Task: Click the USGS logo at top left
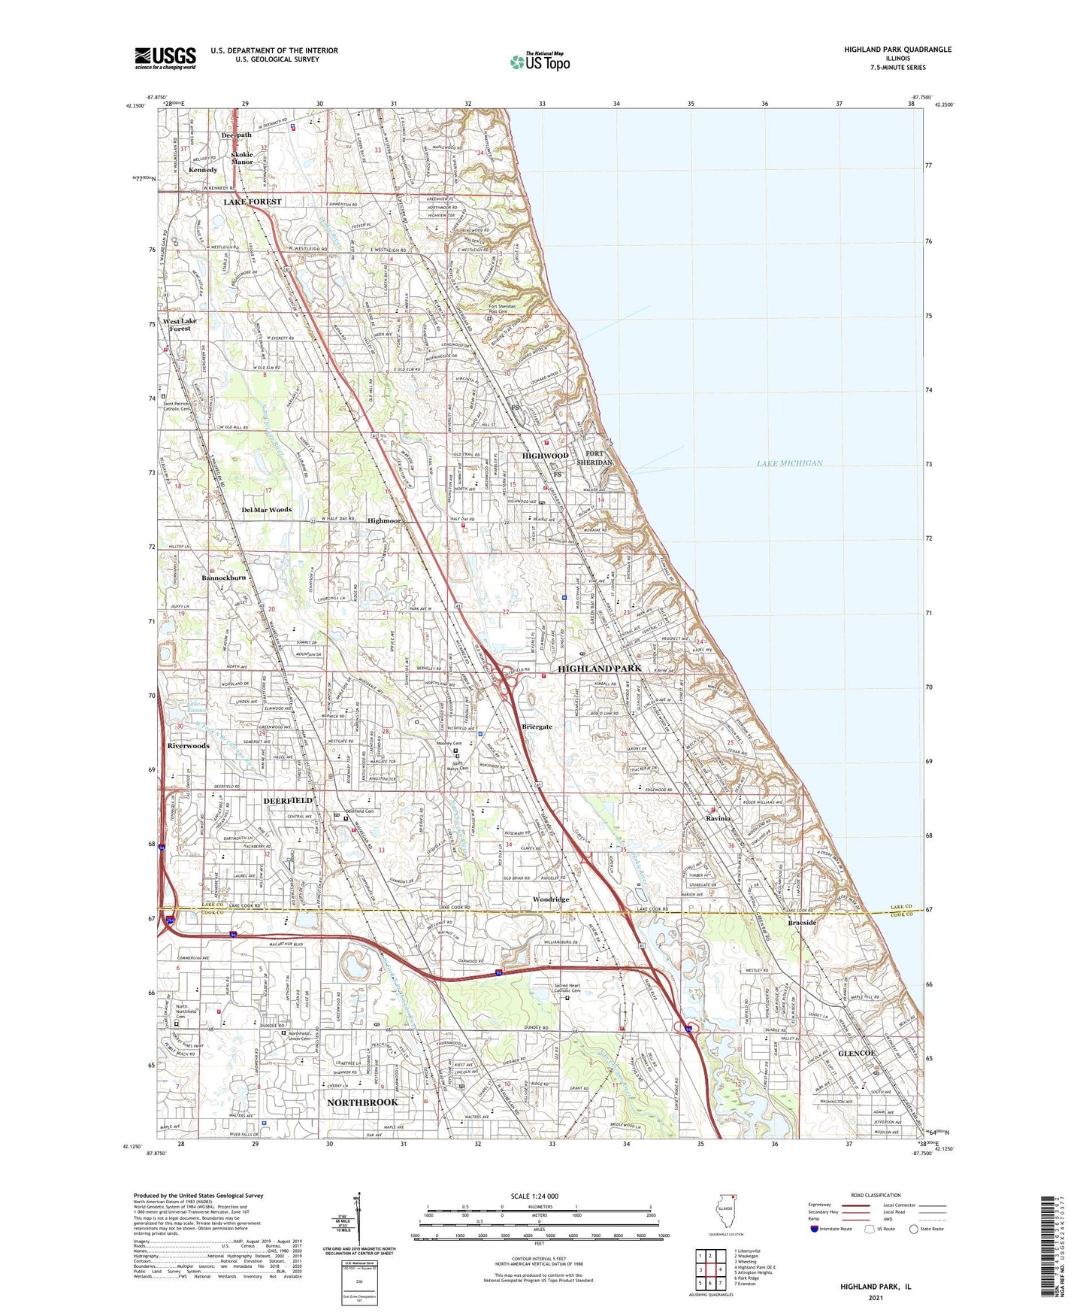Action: coord(165,58)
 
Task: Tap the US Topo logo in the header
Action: coord(540,62)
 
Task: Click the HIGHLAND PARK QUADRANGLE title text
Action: coord(897,50)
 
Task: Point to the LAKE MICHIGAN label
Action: coord(789,463)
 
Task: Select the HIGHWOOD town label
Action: coord(546,456)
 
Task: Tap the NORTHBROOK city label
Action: coord(362,1102)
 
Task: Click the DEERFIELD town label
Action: coord(288,801)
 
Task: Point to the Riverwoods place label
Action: coord(188,746)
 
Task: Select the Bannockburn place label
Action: coord(223,578)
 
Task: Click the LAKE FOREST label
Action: coord(253,202)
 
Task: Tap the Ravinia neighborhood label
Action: coord(718,818)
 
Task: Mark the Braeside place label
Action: coord(802,923)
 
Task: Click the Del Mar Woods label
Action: coord(266,510)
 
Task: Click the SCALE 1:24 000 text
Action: coord(534,1196)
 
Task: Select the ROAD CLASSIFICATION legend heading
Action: coord(876,1195)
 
